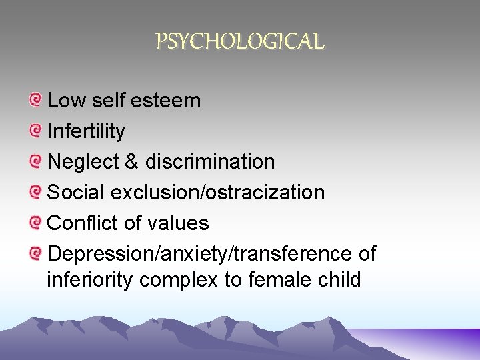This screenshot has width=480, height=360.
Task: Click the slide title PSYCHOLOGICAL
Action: click(240, 42)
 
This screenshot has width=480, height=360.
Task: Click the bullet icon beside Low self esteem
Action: click(36, 101)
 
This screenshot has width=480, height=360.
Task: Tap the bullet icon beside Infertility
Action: click(36, 131)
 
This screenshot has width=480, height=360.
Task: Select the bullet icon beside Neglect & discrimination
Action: click(36, 162)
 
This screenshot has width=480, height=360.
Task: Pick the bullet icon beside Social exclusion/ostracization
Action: click(36, 193)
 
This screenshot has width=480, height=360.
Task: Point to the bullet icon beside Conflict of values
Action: click(36, 223)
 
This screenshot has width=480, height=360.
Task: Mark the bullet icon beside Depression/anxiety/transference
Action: click(36, 254)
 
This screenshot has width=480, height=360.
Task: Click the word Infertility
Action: click(86, 131)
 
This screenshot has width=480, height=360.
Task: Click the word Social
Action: click(76, 193)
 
